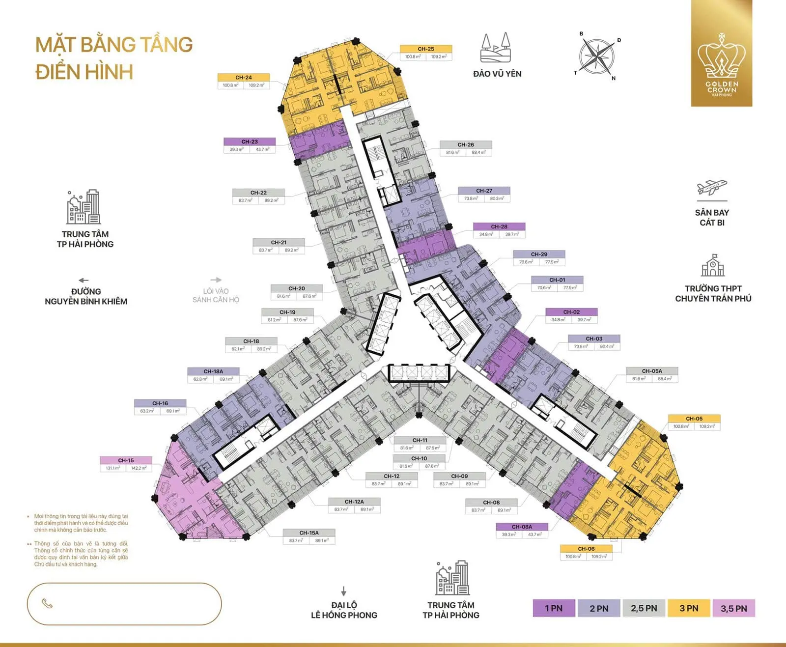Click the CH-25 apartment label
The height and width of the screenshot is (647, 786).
pos(426,49)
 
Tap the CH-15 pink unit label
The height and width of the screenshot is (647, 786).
pos(126,460)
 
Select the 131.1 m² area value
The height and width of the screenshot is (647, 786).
pos(113,468)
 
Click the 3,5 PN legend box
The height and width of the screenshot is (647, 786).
pos(733,608)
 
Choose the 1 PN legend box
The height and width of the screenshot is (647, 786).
pos(554,608)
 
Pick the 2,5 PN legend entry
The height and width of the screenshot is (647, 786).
pos(644,608)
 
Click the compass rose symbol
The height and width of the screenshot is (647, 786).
pos(596,56)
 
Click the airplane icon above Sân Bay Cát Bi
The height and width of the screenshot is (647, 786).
pos(712,188)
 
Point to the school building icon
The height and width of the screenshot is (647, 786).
pos(713,266)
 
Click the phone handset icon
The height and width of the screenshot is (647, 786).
pos(47,604)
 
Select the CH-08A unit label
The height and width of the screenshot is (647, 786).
pos(522,527)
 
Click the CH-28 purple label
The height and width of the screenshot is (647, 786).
pos(499,226)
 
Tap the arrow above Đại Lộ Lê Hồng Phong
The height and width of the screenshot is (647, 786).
pos(344,591)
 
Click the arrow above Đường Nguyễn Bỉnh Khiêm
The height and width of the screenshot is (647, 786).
pos(84,281)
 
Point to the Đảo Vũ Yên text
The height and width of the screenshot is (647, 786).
pos(497,74)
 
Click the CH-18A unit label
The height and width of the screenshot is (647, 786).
pos(213,371)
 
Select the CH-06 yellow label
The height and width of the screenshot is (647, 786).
pos(586,549)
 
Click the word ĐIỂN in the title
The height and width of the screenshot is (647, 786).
pos(58,72)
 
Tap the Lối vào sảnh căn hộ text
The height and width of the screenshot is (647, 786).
pos(216,295)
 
